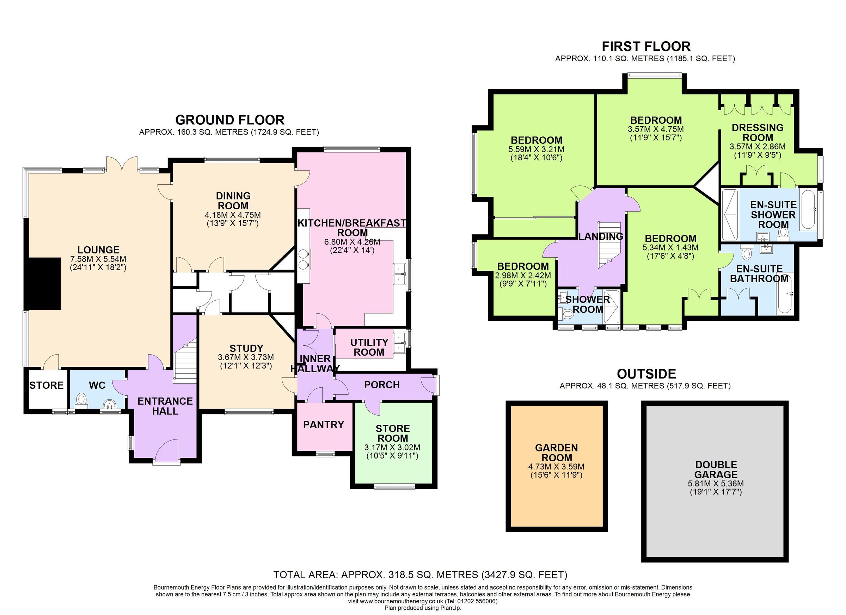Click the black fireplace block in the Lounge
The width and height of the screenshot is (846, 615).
[x=42, y=283]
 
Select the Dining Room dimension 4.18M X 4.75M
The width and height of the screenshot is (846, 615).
[x=232, y=215]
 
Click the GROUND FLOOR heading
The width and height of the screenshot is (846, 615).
[x=230, y=120]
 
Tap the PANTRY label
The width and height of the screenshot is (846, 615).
[x=323, y=424]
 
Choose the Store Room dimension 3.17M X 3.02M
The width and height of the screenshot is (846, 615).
[x=392, y=447]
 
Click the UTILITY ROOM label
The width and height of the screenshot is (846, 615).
[x=369, y=347]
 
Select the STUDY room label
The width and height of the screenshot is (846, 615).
[x=246, y=348]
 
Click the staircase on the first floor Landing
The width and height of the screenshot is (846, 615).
[x=609, y=244]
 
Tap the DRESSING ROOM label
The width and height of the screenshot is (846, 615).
[x=758, y=132]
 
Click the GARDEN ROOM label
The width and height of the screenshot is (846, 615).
[x=557, y=453]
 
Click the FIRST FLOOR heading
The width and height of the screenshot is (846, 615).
[x=646, y=47]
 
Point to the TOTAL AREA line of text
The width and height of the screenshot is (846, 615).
[x=420, y=574]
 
